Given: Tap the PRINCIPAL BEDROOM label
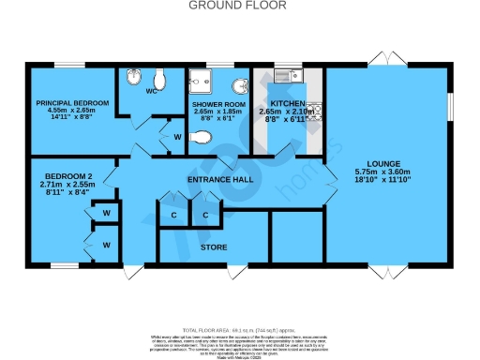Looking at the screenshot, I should click(72, 102).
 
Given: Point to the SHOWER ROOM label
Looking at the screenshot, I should click(217, 104).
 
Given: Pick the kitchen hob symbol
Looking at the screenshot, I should click(315, 111).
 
